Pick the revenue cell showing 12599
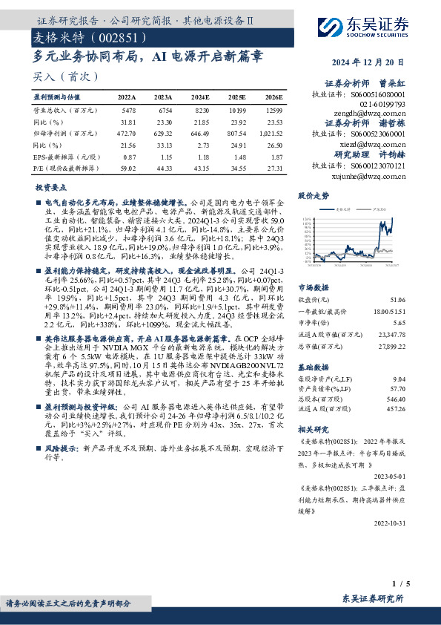(274, 110)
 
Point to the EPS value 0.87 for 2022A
(130, 158)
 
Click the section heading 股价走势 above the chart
(313, 197)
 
